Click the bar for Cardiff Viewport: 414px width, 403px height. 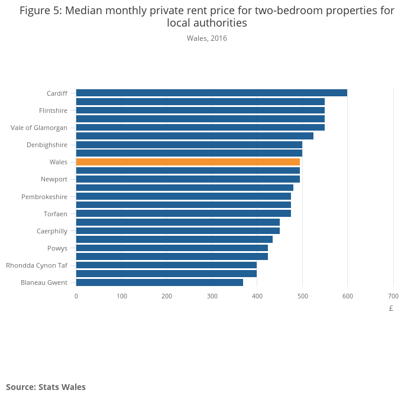click(211, 93)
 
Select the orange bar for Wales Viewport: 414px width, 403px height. click(187, 162)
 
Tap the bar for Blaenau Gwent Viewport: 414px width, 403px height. click(159, 282)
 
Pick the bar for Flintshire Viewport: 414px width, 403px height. click(200, 110)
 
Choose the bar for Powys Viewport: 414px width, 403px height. click(172, 248)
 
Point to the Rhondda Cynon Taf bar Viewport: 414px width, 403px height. click(166, 265)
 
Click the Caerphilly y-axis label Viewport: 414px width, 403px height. click(52, 231)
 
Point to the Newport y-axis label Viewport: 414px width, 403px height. click(54, 179)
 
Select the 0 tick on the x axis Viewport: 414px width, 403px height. click(76, 296)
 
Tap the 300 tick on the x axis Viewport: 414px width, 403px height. click(212, 296)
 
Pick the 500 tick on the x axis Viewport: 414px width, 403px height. click(302, 296)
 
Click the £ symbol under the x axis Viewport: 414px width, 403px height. click(391, 308)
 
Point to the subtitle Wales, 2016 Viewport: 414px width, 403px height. click(207, 38)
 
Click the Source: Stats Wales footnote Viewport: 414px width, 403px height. click(46, 387)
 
